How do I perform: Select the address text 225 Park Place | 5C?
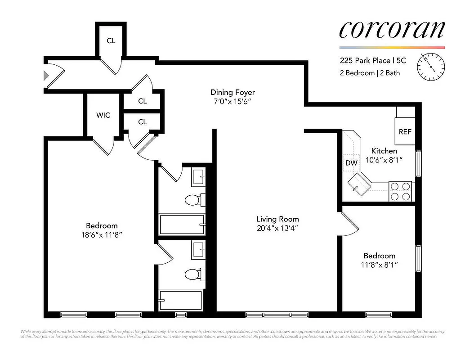371,60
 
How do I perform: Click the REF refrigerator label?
405,132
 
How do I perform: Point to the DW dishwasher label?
351,163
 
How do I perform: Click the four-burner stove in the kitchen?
400,190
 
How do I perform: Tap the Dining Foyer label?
232,93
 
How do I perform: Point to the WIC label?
103,115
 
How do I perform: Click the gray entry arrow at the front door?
45,75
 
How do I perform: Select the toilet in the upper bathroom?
193,199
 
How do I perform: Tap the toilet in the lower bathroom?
193,274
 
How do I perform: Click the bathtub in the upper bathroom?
182,224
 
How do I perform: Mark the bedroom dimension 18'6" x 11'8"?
102,234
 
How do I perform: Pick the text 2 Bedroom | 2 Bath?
369,73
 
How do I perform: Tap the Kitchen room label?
384,151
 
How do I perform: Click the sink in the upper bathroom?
198,177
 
